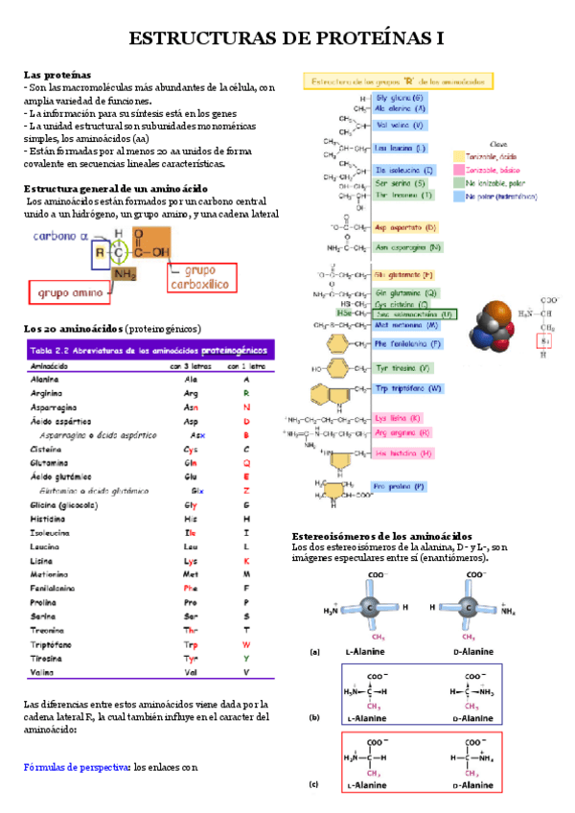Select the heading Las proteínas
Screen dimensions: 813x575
click(57, 74)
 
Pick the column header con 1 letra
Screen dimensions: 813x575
click(246, 366)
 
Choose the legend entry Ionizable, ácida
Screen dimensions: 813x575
click(489, 155)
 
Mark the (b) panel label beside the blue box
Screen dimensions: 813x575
click(314, 717)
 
